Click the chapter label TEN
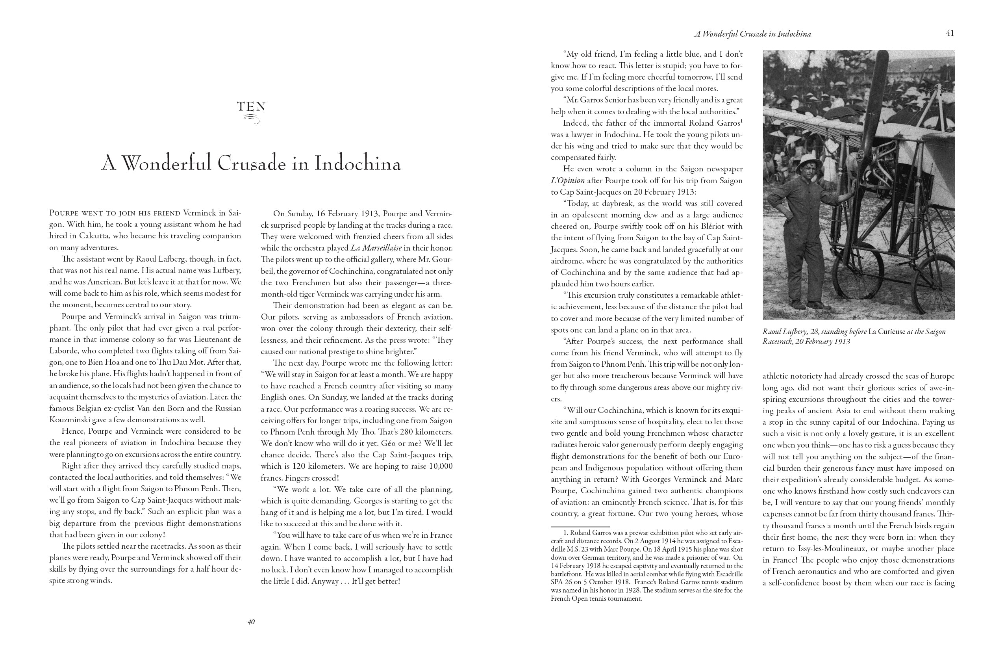click(252, 107)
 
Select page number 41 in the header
click(950, 33)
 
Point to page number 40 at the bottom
click(251, 622)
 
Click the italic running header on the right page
click(752, 34)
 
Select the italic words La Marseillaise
click(376, 248)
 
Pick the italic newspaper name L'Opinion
click(568, 181)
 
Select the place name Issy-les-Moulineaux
click(823, 549)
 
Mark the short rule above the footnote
click(580, 527)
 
